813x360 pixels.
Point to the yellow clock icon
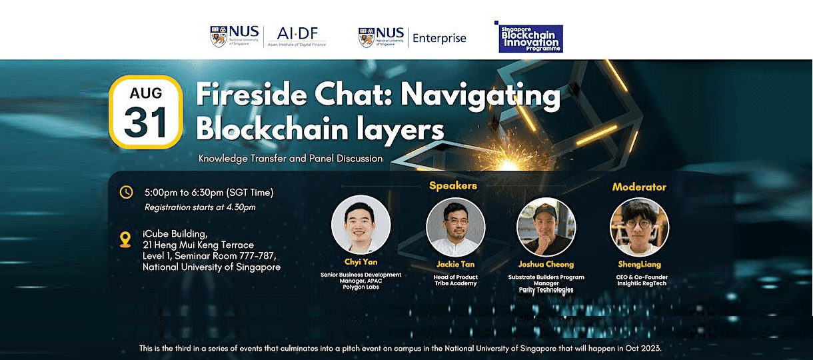coord(126,193)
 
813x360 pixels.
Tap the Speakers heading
coord(453,185)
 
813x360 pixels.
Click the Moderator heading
coord(639,187)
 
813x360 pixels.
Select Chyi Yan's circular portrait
coord(361,225)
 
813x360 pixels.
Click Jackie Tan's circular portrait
coord(456,227)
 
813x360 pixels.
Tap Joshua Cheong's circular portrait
coord(546,227)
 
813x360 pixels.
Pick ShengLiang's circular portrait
coord(640,227)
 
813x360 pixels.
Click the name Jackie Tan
coord(456,264)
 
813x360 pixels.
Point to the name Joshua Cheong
coord(546,264)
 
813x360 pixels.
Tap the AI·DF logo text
coord(296,34)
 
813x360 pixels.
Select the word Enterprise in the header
coord(439,38)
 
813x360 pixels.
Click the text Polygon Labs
coord(361,287)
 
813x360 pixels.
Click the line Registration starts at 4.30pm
coord(200,207)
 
